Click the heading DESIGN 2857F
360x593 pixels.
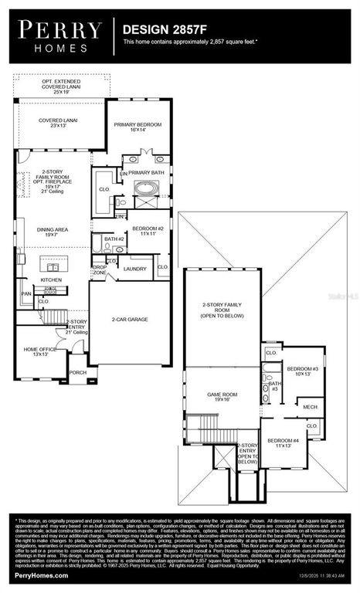coord(159,29)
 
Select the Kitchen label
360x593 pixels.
coord(51,280)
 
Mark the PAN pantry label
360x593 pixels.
coord(26,294)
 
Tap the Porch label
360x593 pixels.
coord(78,371)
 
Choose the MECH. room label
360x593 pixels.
coord(309,407)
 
